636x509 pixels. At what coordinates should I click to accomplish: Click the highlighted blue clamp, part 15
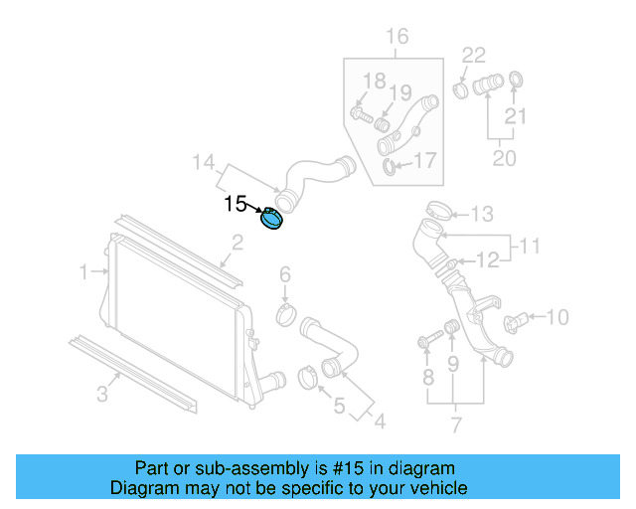pos(271,219)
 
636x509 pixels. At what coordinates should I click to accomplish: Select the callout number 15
pos(236,204)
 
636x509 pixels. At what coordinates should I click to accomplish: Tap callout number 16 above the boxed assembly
pos(397,38)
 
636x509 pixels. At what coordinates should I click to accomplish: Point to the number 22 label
pos(474,55)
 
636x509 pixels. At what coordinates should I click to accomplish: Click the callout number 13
pos(482,214)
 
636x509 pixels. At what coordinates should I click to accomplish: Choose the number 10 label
pos(557,318)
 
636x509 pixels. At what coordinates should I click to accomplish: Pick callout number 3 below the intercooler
pos(102,396)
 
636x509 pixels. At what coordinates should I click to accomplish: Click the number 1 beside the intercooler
pos(86,270)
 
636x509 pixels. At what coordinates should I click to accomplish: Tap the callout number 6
pos(284,274)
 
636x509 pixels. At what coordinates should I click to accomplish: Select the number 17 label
pos(425,160)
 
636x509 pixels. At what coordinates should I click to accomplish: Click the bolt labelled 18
pos(361,115)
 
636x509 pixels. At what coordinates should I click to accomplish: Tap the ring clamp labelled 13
pos(434,212)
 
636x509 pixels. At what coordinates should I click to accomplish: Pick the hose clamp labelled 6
pos(286,317)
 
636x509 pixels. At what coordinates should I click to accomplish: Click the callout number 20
pos(504,157)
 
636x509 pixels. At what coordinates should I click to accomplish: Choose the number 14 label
pos(204,162)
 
